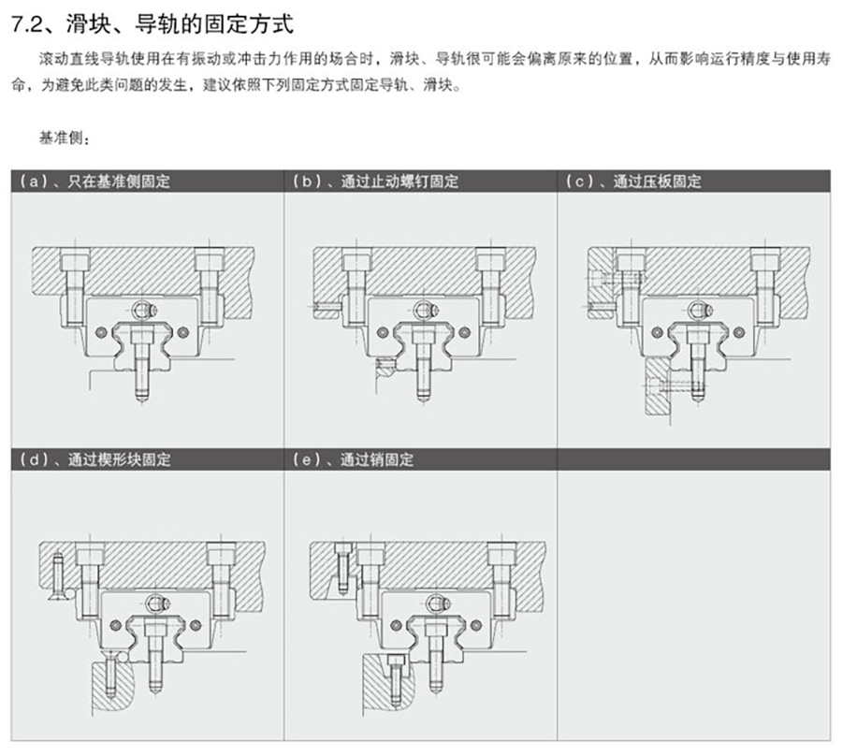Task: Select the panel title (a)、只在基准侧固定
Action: pos(94,182)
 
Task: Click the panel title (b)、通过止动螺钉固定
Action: pos(374,182)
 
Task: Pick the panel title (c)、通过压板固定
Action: pos(633,182)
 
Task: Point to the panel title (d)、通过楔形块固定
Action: pos(94,460)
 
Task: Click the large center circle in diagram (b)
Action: pos(424,309)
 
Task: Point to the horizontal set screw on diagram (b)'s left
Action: pos(327,305)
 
